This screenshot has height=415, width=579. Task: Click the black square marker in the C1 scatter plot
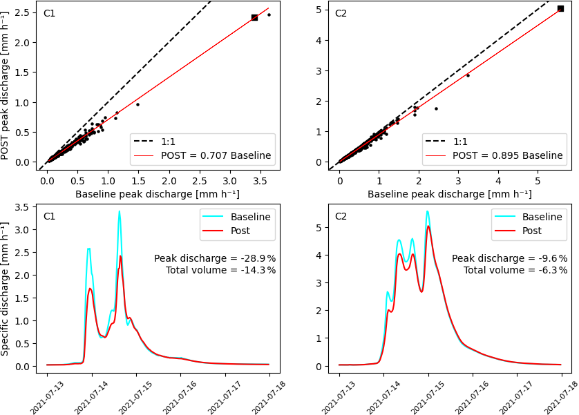click(254, 17)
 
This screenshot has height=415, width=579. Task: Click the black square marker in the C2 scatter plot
click(560, 9)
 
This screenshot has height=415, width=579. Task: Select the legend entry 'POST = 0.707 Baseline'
click(216, 155)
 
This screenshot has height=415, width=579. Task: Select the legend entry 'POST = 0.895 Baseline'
click(508, 155)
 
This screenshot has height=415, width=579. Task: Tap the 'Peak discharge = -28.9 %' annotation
click(215, 258)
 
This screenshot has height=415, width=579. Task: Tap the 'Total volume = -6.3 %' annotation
click(515, 270)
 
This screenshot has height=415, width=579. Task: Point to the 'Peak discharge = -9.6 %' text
click(510, 258)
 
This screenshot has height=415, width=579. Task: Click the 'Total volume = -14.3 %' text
click(220, 270)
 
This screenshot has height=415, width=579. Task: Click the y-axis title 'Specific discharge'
click(6, 289)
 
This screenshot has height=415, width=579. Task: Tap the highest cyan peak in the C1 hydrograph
click(119, 211)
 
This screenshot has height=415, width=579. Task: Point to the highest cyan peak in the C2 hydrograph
click(427, 211)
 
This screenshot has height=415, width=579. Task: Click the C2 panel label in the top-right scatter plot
click(341, 13)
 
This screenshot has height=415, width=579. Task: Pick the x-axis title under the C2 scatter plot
click(449, 194)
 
